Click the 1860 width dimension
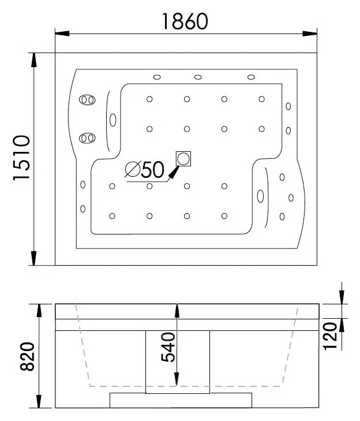point(185,21)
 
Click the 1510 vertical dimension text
point(21,158)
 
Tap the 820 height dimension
point(27,356)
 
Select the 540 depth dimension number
point(168,347)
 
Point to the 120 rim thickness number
point(330,336)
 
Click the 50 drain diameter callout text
point(152,170)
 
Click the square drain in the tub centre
point(183,159)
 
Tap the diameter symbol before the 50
point(133,169)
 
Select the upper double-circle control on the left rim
point(87,100)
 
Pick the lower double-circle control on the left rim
point(87,138)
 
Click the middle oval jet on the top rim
point(198,77)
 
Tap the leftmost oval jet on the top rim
point(157,77)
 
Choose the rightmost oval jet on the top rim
point(251,77)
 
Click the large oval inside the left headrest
point(113,120)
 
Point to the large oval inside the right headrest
point(260,196)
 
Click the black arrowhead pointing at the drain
point(174,172)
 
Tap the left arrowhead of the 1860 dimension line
point(62,33)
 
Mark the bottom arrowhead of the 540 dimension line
point(177,379)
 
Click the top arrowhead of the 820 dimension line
point(39,311)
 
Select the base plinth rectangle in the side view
point(181,400)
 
